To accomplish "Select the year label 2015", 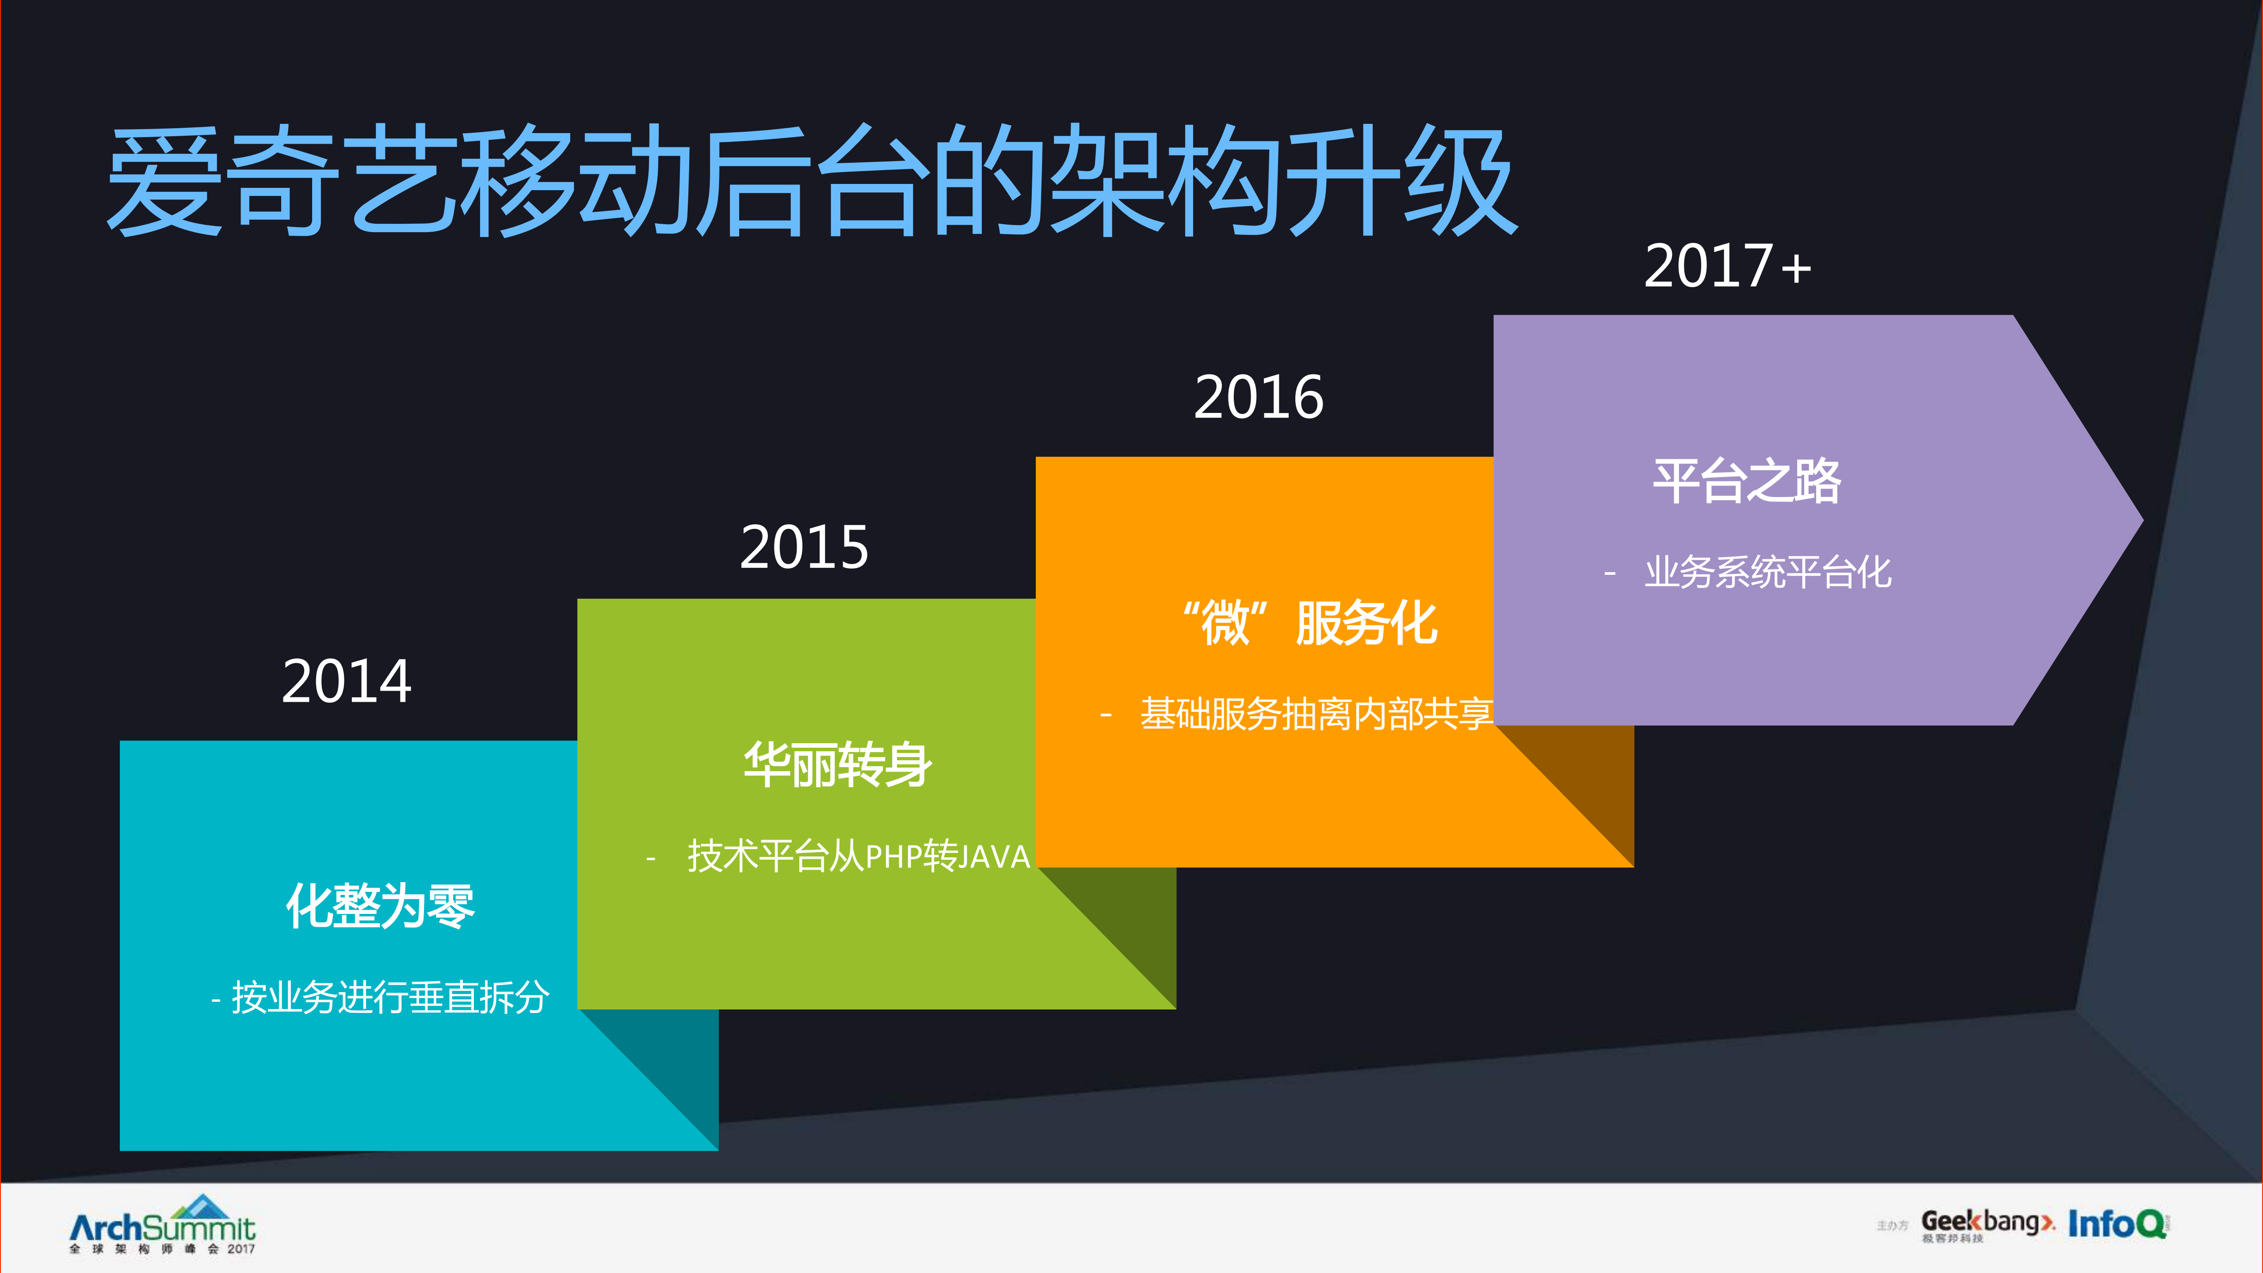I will [x=804, y=547].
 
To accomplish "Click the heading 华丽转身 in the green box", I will [x=837, y=765].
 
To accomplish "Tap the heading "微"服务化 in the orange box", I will [x=1309, y=623].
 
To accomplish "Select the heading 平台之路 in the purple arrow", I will [x=1747, y=482].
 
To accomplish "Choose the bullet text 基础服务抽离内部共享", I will [x=1315, y=713].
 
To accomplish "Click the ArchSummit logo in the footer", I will [x=163, y=1226].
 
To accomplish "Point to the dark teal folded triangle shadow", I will [x=676, y=1067].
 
